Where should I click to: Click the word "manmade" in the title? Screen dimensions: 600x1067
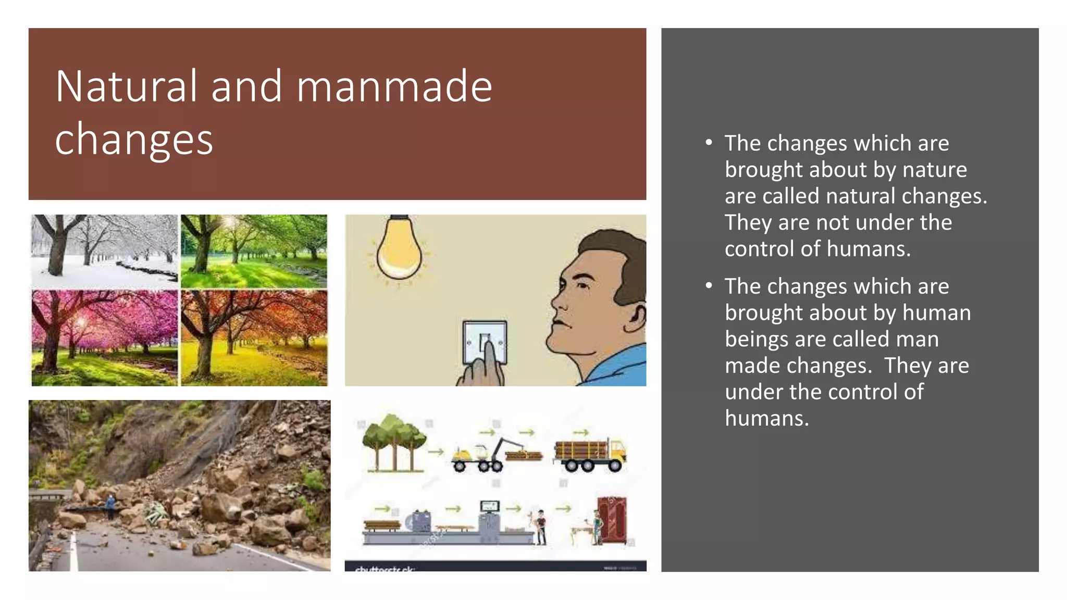point(394,86)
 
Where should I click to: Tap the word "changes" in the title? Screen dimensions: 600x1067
point(134,140)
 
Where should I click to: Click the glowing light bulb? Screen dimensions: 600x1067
point(399,249)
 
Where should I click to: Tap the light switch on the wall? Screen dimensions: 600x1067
point(485,341)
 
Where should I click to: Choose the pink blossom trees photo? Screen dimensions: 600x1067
point(104,337)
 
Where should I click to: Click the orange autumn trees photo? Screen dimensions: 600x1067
point(254,337)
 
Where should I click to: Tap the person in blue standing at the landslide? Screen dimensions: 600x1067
point(110,505)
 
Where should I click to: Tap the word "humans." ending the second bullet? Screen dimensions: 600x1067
point(767,418)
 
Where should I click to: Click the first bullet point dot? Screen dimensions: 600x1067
point(709,143)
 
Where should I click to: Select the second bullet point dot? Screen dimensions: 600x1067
point(709,286)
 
